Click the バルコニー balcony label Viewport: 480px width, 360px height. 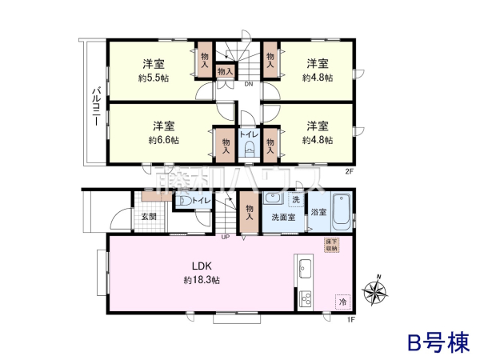click(95, 105)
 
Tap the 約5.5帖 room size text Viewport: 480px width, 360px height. click(153, 78)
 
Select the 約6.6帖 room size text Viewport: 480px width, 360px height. click(164, 139)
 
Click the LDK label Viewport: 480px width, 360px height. click(200, 266)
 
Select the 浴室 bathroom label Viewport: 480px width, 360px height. click(318, 213)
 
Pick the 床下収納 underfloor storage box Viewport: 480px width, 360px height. click(331, 246)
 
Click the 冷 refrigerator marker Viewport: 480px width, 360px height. click(342, 302)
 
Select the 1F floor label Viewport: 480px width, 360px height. click(350, 320)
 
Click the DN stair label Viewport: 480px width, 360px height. click(249, 84)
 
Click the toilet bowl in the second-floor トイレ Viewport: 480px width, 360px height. click(249, 151)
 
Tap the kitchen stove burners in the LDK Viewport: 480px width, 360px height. click(305, 300)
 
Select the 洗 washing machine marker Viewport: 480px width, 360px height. click(295, 199)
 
